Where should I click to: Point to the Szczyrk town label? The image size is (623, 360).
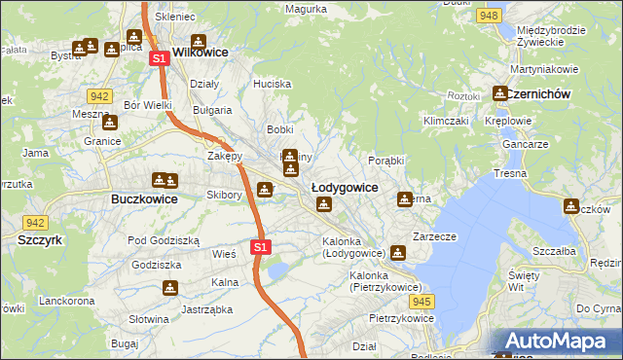point(39,238)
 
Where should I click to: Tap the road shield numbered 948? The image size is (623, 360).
point(490,16)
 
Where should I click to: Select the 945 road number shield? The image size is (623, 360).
point(420,303)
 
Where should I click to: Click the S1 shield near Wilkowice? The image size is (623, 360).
point(160,59)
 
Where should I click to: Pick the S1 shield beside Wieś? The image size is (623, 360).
point(259,247)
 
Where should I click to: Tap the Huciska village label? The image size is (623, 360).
point(272,84)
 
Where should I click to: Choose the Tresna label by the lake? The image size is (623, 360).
point(510,173)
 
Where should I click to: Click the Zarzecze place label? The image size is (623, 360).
point(435,235)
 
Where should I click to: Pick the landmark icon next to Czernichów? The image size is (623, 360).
point(500,94)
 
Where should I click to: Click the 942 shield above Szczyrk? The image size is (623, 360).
point(36,222)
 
